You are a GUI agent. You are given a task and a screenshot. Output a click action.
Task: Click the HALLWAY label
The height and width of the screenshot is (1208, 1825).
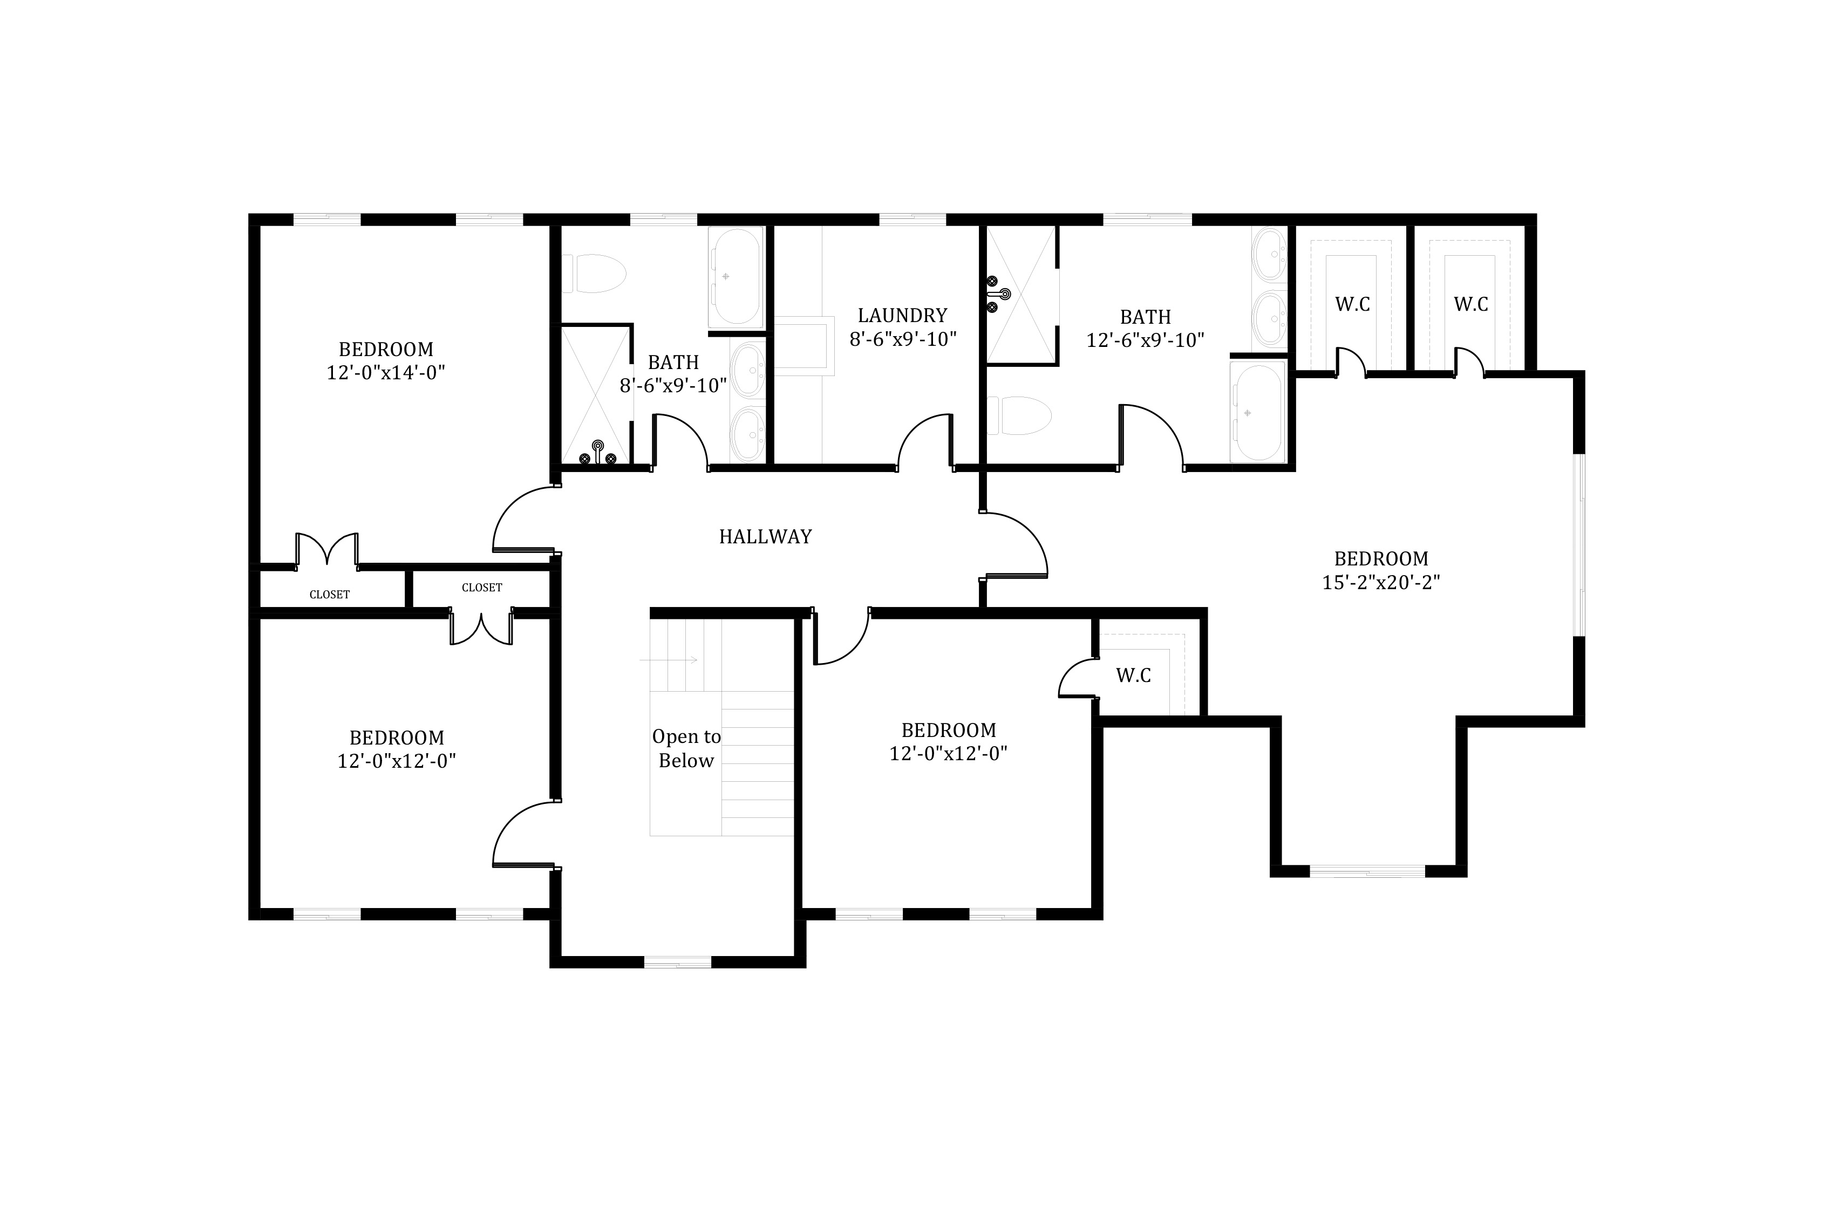click(x=765, y=537)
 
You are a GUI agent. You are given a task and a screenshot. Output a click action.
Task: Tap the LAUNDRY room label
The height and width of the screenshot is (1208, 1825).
click(x=902, y=315)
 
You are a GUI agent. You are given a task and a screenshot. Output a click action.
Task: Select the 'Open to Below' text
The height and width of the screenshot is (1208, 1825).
click(x=686, y=748)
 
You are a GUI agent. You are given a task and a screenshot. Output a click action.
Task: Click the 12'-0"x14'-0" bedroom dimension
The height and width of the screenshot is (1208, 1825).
click(x=386, y=373)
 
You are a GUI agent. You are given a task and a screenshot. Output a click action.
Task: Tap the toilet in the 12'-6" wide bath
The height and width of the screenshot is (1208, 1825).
click(x=1019, y=416)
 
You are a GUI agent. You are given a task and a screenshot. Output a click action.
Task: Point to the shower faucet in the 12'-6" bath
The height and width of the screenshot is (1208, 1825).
click(x=998, y=294)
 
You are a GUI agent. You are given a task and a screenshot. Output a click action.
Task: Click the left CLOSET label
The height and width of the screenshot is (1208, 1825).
click(x=330, y=595)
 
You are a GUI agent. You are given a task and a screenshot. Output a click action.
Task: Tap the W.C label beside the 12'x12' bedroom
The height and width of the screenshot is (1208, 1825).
click(x=1133, y=675)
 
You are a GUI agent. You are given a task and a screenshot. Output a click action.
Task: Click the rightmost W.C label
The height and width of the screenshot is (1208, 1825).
click(x=1470, y=304)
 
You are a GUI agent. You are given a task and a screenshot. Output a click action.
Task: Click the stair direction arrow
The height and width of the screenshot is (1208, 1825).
click(x=669, y=660)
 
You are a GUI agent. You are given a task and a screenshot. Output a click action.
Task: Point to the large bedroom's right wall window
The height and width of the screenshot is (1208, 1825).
click(x=1579, y=545)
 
